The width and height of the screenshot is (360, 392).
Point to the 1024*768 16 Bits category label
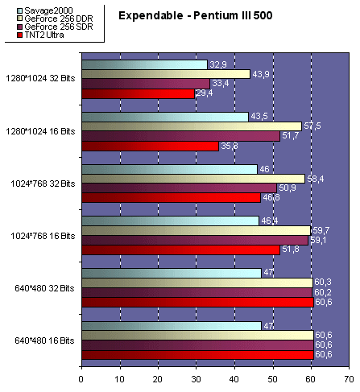coord(42,235)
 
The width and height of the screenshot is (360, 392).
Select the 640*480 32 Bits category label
coord(43,287)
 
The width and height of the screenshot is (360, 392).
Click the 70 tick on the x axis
coord(348,376)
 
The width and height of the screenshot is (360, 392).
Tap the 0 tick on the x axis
coord(81,376)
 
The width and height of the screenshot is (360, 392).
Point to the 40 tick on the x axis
coord(234,376)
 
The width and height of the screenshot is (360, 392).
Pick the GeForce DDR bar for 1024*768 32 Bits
coord(192,178)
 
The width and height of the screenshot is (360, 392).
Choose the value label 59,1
coord(317,239)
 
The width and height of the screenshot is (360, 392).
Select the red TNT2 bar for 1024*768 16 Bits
coord(180,249)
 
